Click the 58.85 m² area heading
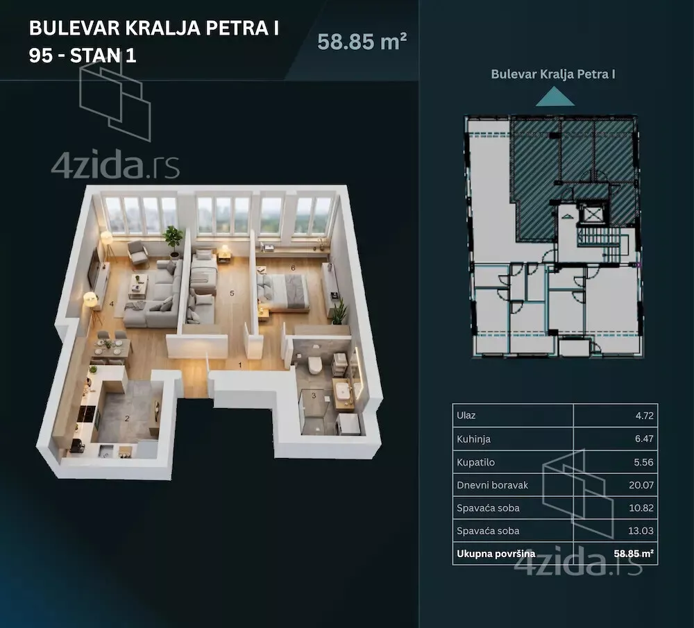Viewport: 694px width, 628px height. coord(362,42)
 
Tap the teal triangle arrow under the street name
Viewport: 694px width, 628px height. coord(555,97)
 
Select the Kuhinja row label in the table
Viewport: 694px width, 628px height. coord(473,439)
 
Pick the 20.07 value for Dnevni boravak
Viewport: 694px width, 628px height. coord(641,485)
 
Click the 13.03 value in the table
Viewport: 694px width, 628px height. coord(641,531)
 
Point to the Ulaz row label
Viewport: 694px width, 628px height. coord(466,416)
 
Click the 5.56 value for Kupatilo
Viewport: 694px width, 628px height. coord(643,462)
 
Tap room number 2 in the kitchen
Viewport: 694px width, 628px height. coord(127,418)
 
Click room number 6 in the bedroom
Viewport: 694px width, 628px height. coord(293,268)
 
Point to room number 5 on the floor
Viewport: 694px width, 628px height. coord(232,293)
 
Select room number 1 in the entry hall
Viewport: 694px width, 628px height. coord(240,365)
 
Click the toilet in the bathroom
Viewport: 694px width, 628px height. coord(315,365)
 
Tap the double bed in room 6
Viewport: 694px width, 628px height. coord(282,291)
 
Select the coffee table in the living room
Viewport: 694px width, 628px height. coord(139,286)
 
